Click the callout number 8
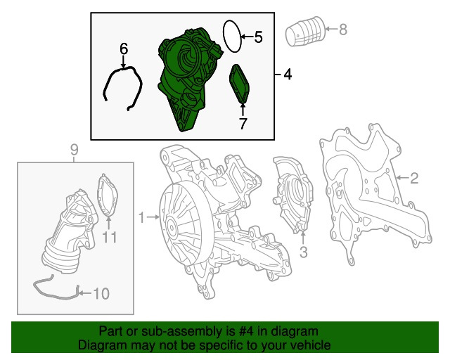[x=343, y=30]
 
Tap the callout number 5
[x=258, y=37]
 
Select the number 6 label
[x=124, y=49]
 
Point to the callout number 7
[x=243, y=124]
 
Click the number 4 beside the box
[x=288, y=75]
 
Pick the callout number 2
[x=414, y=179]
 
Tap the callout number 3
[x=303, y=252]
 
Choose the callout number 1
[x=141, y=217]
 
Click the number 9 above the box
[x=74, y=150]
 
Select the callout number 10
[x=101, y=293]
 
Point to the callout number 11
[x=110, y=237]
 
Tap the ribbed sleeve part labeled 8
[x=304, y=31]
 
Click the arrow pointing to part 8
[x=331, y=29]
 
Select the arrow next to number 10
[x=85, y=293]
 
